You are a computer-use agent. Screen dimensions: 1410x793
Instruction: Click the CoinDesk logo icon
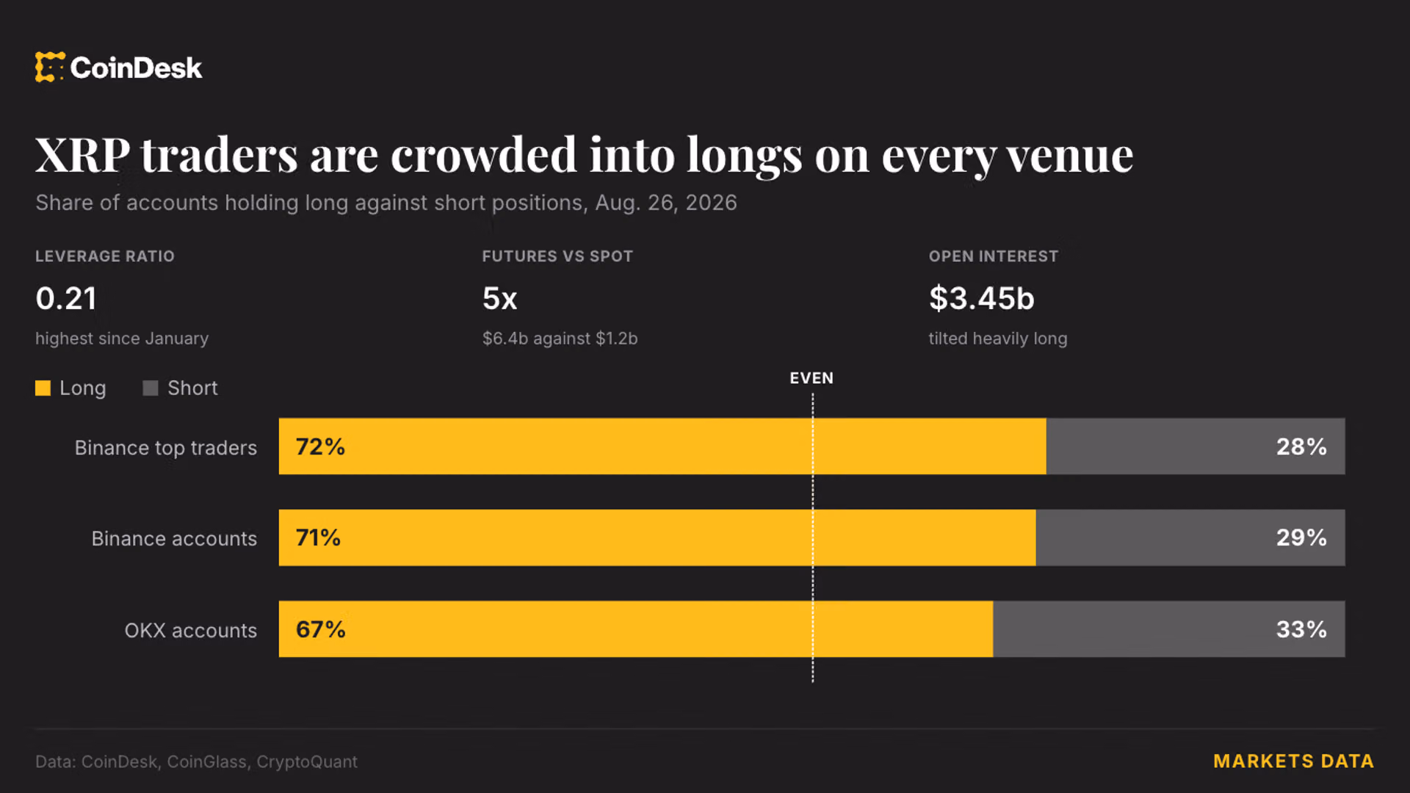click(x=50, y=67)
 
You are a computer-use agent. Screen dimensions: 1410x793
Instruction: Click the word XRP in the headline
click(x=82, y=155)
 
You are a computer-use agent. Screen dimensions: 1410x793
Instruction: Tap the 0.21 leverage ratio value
click(x=66, y=298)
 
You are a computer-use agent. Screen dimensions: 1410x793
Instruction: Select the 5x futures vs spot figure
click(x=499, y=298)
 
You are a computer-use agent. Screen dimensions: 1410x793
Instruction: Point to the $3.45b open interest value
click(x=981, y=298)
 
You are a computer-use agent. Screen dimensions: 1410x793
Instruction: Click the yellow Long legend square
click(x=43, y=388)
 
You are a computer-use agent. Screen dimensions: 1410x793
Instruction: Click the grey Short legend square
click(x=151, y=388)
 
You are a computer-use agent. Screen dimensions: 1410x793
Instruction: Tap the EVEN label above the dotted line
click(x=811, y=378)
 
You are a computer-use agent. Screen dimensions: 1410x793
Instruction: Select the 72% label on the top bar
click(x=320, y=446)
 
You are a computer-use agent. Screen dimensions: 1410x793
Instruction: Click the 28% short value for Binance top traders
click(x=1301, y=446)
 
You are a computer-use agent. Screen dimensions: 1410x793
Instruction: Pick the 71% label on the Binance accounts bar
click(x=318, y=537)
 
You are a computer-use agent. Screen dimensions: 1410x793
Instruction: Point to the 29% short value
click(x=1301, y=537)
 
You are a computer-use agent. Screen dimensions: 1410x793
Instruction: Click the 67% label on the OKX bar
click(x=320, y=629)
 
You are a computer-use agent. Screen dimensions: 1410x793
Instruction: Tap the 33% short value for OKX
click(x=1301, y=629)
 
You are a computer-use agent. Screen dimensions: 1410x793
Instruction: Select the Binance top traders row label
click(x=166, y=448)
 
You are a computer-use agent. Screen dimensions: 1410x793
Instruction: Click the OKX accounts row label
click(x=191, y=631)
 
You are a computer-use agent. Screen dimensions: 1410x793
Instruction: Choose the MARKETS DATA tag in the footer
click(x=1293, y=761)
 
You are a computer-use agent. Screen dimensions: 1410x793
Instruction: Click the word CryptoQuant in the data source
click(x=307, y=762)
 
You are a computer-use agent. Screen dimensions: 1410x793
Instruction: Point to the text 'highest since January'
click(x=122, y=338)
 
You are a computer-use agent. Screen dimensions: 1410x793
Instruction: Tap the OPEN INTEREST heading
click(x=994, y=256)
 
